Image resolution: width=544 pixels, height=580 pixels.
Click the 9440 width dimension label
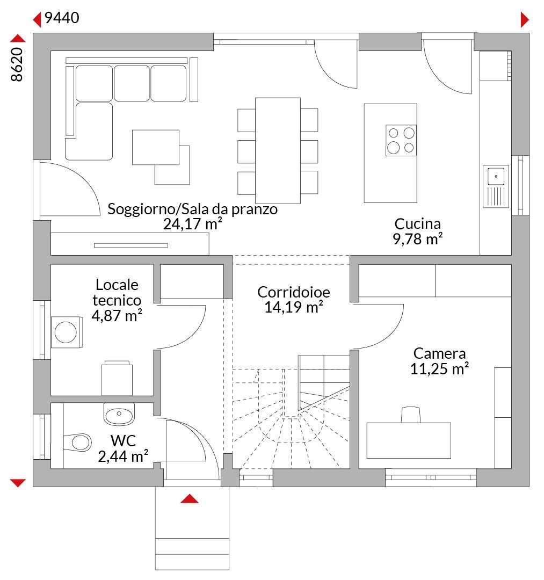(62, 18)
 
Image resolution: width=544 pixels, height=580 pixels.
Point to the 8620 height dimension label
(17, 64)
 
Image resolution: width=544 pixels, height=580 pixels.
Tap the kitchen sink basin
(496, 176)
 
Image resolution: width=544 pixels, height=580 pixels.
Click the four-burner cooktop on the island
(401, 140)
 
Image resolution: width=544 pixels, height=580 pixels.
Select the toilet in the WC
(78, 442)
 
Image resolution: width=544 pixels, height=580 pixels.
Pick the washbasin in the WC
(119, 414)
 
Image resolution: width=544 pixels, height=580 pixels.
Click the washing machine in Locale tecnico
(67, 332)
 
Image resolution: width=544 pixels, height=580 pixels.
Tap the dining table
(278, 150)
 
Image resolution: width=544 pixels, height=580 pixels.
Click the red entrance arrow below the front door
(190, 498)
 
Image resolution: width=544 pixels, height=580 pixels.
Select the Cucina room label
(417, 224)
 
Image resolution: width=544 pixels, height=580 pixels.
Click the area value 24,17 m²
(193, 224)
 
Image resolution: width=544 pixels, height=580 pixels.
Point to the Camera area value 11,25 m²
(439, 369)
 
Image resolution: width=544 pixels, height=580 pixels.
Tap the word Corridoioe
(294, 292)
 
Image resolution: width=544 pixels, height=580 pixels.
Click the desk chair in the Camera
(411, 415)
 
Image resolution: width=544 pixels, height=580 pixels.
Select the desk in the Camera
(409, 440)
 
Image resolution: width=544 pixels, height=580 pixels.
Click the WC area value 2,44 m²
(123, 456)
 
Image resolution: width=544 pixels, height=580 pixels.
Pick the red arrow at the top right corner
(525, 20)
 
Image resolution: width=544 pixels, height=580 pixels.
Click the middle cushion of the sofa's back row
(132, 83)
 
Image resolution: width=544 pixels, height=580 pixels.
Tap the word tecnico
(117, 300)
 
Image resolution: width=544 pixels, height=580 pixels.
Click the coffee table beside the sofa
(156, 147)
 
